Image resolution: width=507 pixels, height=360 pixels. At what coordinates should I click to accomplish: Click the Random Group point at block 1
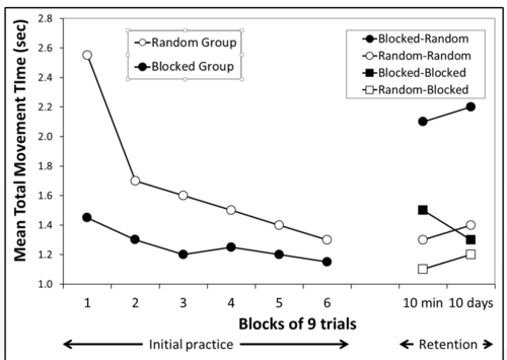click(87, 55)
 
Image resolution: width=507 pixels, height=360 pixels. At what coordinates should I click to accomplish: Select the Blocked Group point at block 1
click(87, 218)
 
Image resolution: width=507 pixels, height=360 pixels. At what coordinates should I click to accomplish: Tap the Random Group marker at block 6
click(327, 240)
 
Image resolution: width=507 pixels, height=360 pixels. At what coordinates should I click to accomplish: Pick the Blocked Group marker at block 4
click(231, 247)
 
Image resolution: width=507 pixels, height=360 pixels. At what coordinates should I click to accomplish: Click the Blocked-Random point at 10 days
click(471, 107)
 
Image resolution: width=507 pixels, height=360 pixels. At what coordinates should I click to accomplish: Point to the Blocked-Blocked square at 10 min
click(423, 210)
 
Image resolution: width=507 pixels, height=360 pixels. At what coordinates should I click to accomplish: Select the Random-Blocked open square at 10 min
click(423, 269)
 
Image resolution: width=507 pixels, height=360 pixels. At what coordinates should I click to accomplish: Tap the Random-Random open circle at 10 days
click(471, 225)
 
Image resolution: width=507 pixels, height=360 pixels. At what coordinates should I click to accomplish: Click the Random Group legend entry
click(186, 43)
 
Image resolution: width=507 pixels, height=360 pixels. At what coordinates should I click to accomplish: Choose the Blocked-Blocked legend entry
click(415, 73)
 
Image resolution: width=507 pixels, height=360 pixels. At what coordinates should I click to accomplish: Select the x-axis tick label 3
click(183, 303)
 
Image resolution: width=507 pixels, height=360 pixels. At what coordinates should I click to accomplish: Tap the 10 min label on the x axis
click(423, 303)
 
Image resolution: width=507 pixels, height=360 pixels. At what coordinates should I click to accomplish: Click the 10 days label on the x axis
click(471, 303)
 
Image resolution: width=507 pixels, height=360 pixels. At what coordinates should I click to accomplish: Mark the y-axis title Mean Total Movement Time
click(20, 141)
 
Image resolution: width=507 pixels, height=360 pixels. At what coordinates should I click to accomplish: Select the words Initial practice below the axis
click(191, 345)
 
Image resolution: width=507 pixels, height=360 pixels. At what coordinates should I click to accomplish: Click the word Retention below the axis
click(448, 345)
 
